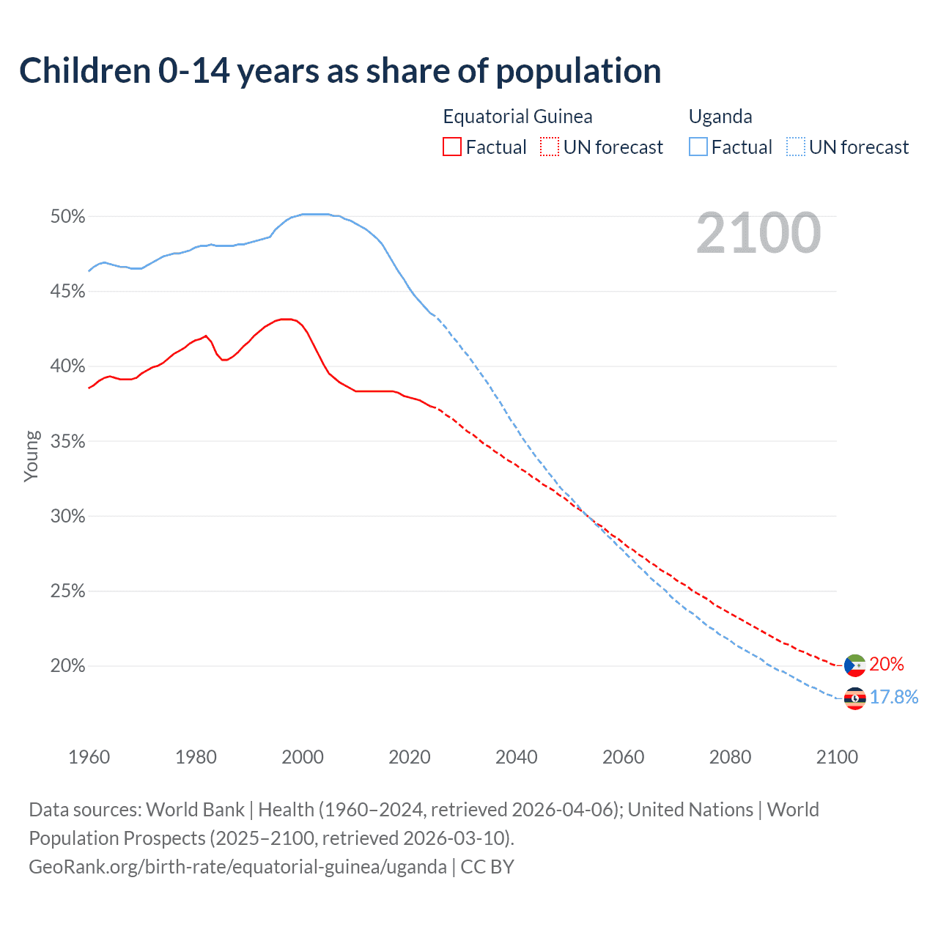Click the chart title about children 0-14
click(340, 71)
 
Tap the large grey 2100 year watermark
click(758, 233)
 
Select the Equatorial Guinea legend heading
click(517, 117)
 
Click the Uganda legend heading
click(720, 117)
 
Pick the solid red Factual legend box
click(452, 147)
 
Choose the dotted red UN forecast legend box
click(550, 147)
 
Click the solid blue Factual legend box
click(698, 147)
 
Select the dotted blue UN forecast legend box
click(796, 147)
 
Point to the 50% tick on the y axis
click(67, 217)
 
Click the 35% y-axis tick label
click(67, 442)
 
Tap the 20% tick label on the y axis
click(67, 666)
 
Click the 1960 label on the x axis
click(89, 757)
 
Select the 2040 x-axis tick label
click(517, 757)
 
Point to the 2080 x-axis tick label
click(730, 757)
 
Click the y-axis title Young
click(32, 456)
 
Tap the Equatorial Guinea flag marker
click(854, 665)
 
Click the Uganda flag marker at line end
click(854, 698)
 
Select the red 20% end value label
click(887, 665)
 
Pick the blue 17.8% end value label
click(894, 697)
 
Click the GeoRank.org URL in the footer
click(237, 867)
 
